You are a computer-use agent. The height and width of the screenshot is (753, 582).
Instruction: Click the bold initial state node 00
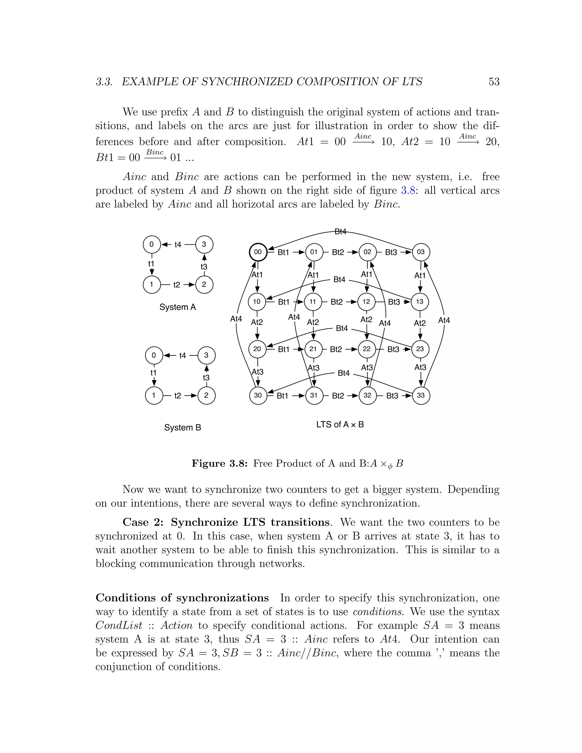point(258,252)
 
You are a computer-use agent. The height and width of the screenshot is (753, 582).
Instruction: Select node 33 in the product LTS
point(421,395)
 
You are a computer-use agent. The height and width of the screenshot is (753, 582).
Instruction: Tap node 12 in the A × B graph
point(366,302)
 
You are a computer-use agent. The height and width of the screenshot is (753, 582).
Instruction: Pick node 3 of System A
point(204,244)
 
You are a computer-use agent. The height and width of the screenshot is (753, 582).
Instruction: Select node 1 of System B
point(154,396)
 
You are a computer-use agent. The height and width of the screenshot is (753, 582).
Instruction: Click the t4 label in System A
point(178,245)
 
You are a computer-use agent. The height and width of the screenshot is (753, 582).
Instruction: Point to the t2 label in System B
point(178,396)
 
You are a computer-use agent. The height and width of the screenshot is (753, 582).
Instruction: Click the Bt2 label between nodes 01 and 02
point(338,252)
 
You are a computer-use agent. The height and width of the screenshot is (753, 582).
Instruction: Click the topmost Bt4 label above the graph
point(340,232)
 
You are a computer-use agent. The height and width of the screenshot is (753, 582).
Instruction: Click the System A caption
point(178,307)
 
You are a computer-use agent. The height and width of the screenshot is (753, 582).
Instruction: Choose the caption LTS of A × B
point(340,425)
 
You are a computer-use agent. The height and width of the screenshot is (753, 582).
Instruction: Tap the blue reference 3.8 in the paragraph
point(408,190)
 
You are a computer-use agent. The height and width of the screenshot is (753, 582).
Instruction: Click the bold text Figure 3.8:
point(220,463)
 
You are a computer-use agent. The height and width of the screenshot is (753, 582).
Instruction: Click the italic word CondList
point(119,625)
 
